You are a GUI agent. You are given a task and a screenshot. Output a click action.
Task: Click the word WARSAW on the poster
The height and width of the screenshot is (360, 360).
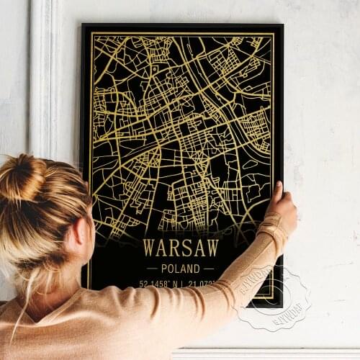181,248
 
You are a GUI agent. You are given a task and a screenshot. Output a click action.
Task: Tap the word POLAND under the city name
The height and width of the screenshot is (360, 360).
181,268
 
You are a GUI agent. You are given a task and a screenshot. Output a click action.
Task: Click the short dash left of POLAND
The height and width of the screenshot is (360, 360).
150,268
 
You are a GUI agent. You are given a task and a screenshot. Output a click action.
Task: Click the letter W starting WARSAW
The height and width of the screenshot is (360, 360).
149,248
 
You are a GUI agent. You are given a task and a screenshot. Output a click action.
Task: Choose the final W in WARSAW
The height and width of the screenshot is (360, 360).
212,248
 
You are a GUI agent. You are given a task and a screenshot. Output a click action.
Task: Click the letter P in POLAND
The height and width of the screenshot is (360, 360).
163,268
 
